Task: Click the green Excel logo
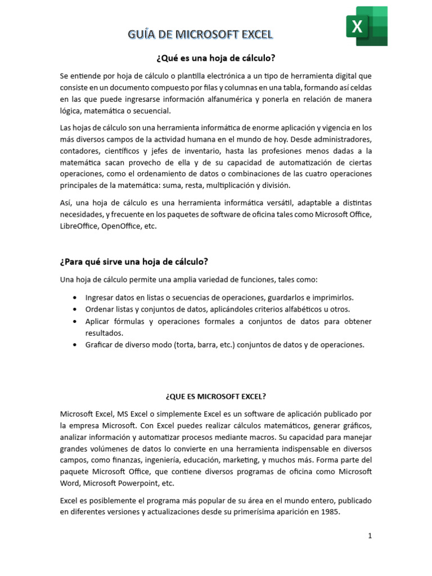tap(366, 26)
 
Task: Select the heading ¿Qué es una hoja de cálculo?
tap(215, 58)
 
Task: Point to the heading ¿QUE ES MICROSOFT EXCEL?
tap(215, 396)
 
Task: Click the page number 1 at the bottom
tap(370, 536)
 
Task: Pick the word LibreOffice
tap(79, 226)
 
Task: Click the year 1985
tap(331, 512)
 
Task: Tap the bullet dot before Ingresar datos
tap(75, 298)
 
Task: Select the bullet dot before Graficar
tap(75, 345)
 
